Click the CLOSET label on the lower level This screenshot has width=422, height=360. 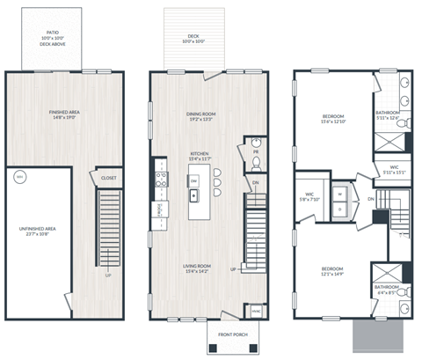tap(108, 178)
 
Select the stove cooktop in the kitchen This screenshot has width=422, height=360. tap(159, 177)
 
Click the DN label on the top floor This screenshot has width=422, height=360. tap(372, 200)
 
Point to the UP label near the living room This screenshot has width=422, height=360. tap(234, 268)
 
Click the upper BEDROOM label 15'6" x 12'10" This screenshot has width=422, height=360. tap(331, 119)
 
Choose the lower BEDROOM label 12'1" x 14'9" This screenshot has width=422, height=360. tap(331, 271)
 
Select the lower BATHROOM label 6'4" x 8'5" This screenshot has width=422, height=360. tap(388, 289)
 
